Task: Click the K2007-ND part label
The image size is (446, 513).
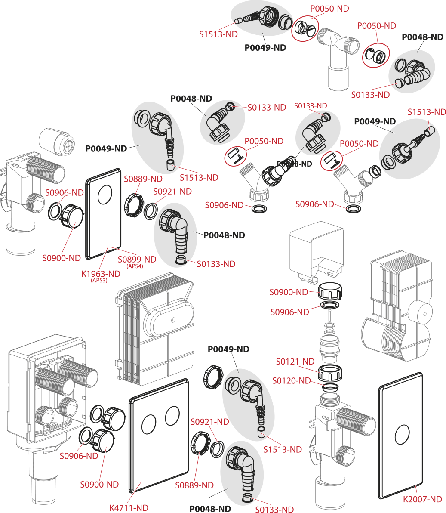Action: coord(422,499)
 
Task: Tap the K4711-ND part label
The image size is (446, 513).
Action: coord(129,508)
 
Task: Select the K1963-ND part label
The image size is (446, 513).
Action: coord(101,274)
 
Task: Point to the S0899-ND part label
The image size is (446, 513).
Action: coord(137,260)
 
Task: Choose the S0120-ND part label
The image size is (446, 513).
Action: coord(292,380)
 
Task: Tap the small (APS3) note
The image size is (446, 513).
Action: coord(99,281)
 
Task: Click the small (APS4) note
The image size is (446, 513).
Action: coord(135,266)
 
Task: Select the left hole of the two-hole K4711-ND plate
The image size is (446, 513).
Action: coord(149,424)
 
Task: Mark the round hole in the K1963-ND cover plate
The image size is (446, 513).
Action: coord(105,197)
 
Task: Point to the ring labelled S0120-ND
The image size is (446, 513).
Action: coord(330,388)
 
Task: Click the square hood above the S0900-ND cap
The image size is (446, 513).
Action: coord(317,250)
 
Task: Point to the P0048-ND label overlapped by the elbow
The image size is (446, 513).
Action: coord(294,164)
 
